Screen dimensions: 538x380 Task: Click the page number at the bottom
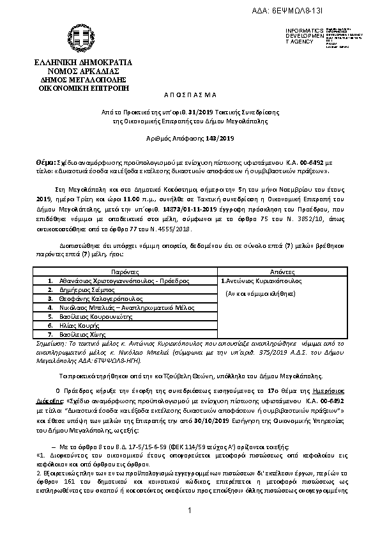point(190,511)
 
